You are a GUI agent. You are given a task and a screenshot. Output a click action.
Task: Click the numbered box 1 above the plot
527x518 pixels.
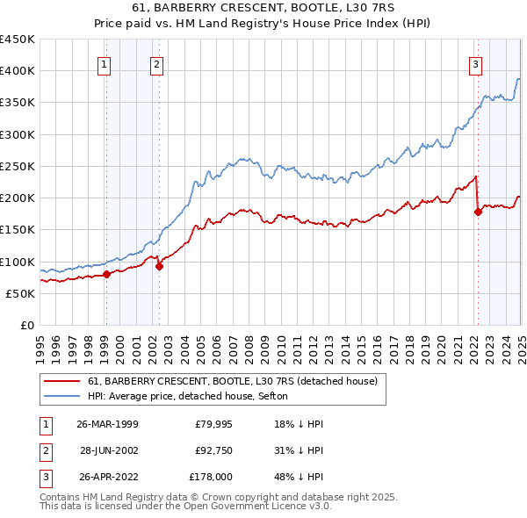105,63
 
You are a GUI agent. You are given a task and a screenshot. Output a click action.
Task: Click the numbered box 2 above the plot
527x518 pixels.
155,63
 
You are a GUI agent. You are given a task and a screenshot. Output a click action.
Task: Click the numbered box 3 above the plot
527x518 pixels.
475,63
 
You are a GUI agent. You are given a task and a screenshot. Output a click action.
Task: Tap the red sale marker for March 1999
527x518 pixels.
106,274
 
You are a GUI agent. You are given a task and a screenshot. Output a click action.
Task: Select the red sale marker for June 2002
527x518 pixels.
159,266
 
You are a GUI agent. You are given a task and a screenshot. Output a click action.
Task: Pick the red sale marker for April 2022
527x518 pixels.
478,211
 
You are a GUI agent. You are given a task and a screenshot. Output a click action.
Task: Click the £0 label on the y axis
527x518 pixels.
26,325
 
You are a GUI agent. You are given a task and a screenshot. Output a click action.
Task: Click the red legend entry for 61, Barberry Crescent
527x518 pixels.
233,381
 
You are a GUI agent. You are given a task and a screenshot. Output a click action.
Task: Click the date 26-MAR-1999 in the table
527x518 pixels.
107,424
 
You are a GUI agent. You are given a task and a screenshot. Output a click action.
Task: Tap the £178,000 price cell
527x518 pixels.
211,477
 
